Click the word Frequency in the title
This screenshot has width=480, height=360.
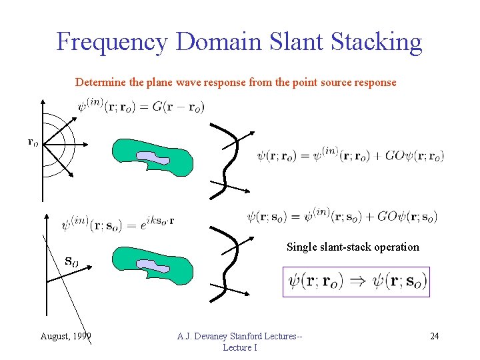click(x=111, y=42)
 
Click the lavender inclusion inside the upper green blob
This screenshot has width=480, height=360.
click(x=152, y=157)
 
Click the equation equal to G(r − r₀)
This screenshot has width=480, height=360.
click(x=141, y=106)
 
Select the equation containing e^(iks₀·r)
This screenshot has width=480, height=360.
click(x=118, y=223)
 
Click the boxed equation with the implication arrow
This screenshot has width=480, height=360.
click(x=356, y=281)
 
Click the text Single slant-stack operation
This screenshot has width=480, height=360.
click(x=353, y=247)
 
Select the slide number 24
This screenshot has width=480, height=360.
click(x=434, y=335)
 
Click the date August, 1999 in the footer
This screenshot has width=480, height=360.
click(x=66, y=335)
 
